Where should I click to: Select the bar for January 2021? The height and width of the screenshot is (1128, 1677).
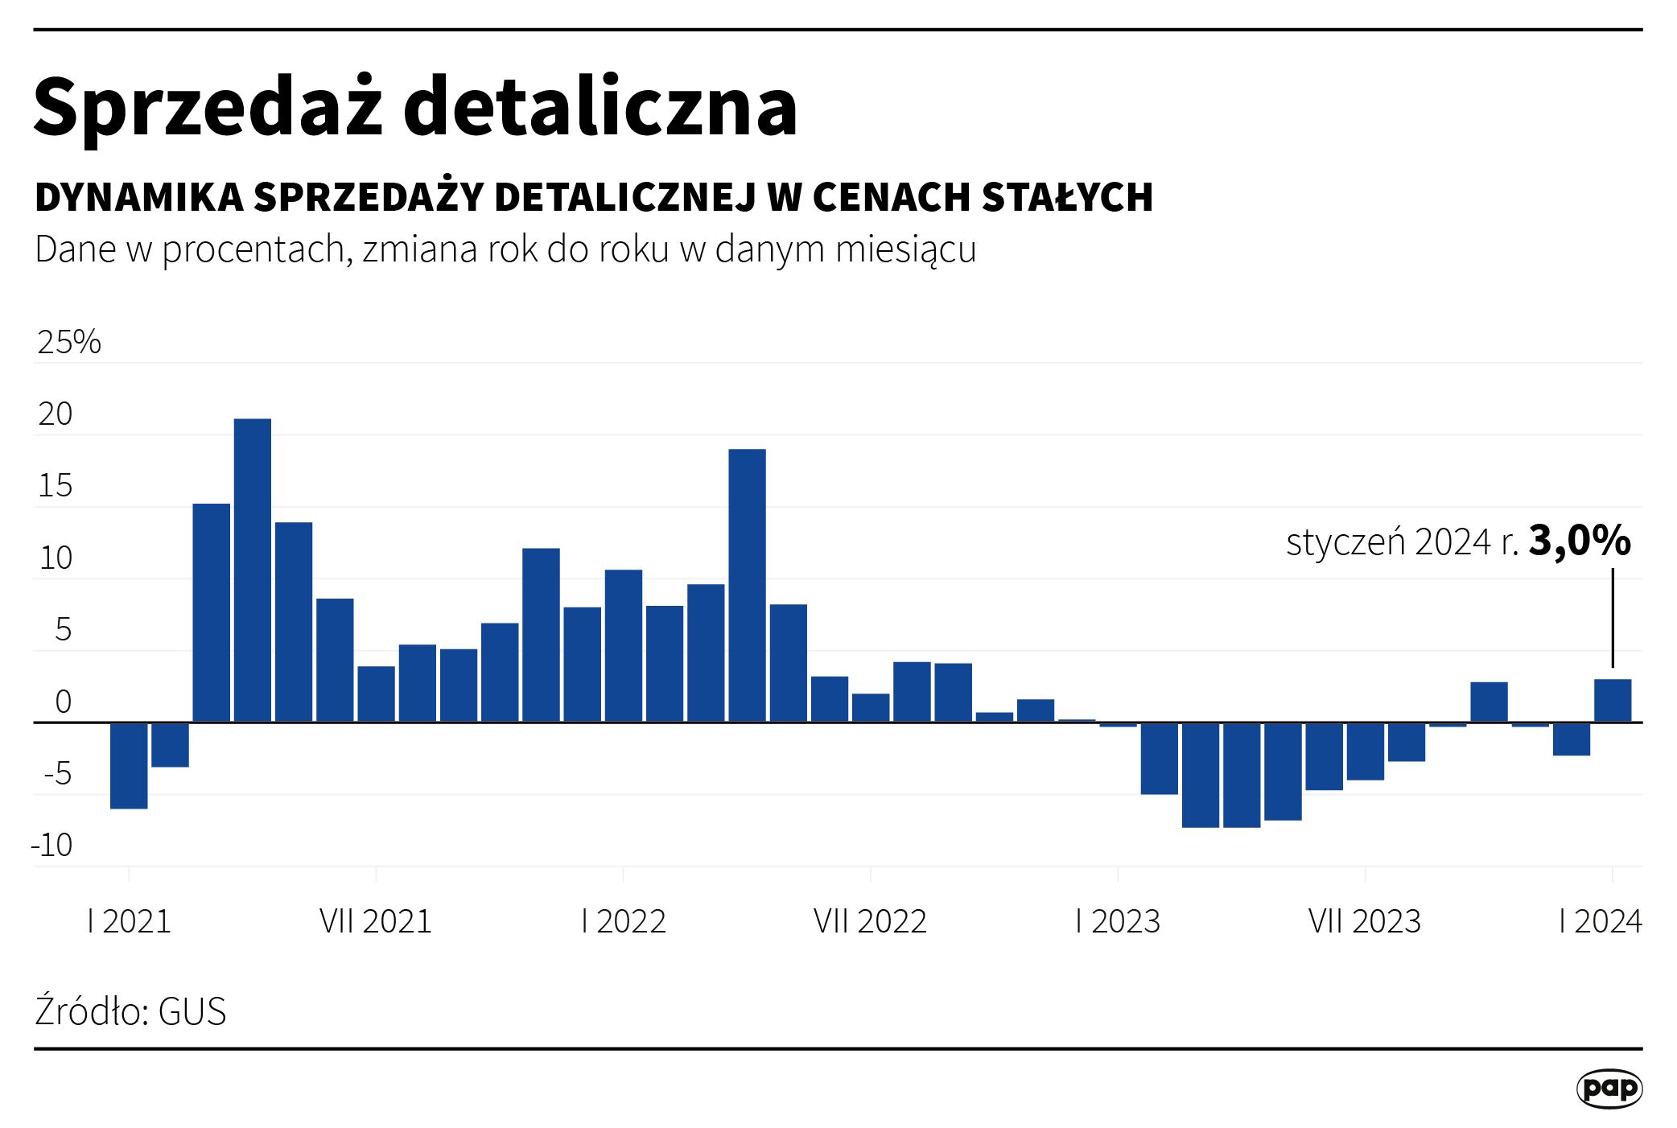[x=129, y=765]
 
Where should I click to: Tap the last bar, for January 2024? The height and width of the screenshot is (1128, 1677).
[x=1613, y=701]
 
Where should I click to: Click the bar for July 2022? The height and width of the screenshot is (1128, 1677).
[x=871, y=708]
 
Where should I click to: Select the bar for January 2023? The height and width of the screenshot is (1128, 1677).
[x=1118, y=724]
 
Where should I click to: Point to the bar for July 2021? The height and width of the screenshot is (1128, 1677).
[x=376, y=694]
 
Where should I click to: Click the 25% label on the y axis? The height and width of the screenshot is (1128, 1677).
[x=69, y=343]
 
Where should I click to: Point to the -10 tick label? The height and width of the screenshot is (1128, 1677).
[x=52, y=846]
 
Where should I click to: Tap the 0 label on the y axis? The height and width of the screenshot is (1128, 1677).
[x=63, y=702]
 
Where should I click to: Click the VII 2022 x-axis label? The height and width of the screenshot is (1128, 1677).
[x=870, y=921]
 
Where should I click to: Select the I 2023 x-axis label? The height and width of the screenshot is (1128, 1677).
[x=1118, y=921]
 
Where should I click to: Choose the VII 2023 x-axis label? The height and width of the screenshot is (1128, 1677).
[x=1365, y=921]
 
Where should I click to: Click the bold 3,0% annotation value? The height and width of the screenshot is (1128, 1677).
[x=1579, y=541]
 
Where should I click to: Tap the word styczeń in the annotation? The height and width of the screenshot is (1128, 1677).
[x=1345, y=543]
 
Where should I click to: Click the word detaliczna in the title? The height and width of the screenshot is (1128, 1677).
[x=600, y=108]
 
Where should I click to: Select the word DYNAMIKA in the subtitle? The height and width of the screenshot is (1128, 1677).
[x=139, y=197]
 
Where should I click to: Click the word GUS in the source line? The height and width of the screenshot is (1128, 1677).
[x=192, y=1011]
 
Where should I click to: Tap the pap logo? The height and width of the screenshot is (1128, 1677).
[x=1609, y=1089]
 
